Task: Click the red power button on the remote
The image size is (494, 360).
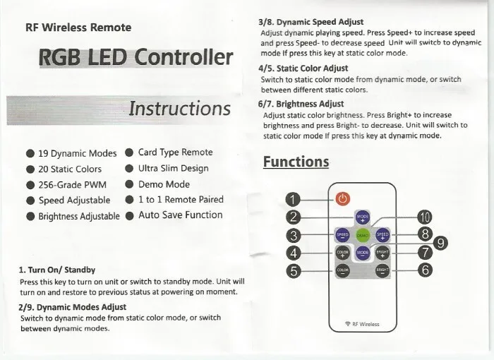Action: click(x=343, y=199)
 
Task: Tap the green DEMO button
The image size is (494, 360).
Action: click(x=363, y=234)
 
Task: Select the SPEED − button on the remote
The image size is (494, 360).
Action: click(x=342, y=234)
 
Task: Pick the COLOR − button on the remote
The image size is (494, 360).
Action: click(x=342, y=270)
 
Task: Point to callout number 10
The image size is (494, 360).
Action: click(x=424, y=216)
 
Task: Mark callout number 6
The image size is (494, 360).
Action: click(x=425, y=270)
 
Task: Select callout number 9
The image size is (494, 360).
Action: click(x=440, y=244)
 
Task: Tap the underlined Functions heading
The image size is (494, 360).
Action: click(x=296, y=162)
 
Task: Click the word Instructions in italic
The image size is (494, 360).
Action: click(x=180, y=108)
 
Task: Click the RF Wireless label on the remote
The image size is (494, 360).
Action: click(x=361, y=324)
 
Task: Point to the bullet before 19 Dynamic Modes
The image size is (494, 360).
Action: click(x=30, y=153)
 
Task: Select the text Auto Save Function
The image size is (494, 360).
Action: click(x=180, y=215)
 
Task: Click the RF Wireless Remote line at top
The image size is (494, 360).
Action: click(x=78, y=28)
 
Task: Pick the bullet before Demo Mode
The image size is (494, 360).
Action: click(x=129, y=184)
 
